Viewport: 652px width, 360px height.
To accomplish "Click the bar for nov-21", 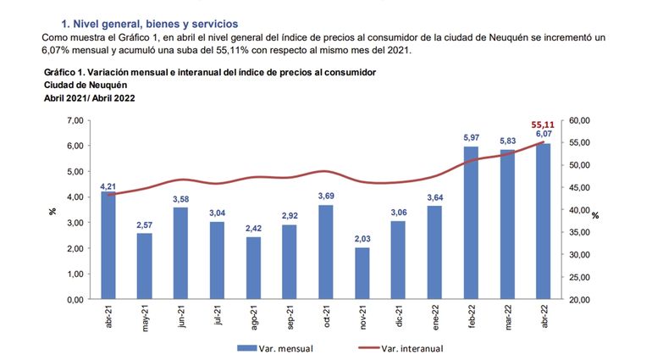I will click(362, 273).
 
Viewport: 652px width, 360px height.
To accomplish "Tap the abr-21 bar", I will click(108, 245).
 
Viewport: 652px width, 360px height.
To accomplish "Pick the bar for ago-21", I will click(253, 268).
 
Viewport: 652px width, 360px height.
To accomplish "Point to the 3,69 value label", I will click(326, 197).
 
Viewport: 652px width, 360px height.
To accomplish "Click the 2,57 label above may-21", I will click(145, 224).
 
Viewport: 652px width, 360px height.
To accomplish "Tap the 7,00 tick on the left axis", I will click(74, 121).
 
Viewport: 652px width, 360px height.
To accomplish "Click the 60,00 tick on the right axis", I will click(580, 121).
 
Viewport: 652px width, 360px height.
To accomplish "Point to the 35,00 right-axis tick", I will click(580, 255).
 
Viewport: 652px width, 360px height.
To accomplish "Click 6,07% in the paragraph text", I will click(60, 51).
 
